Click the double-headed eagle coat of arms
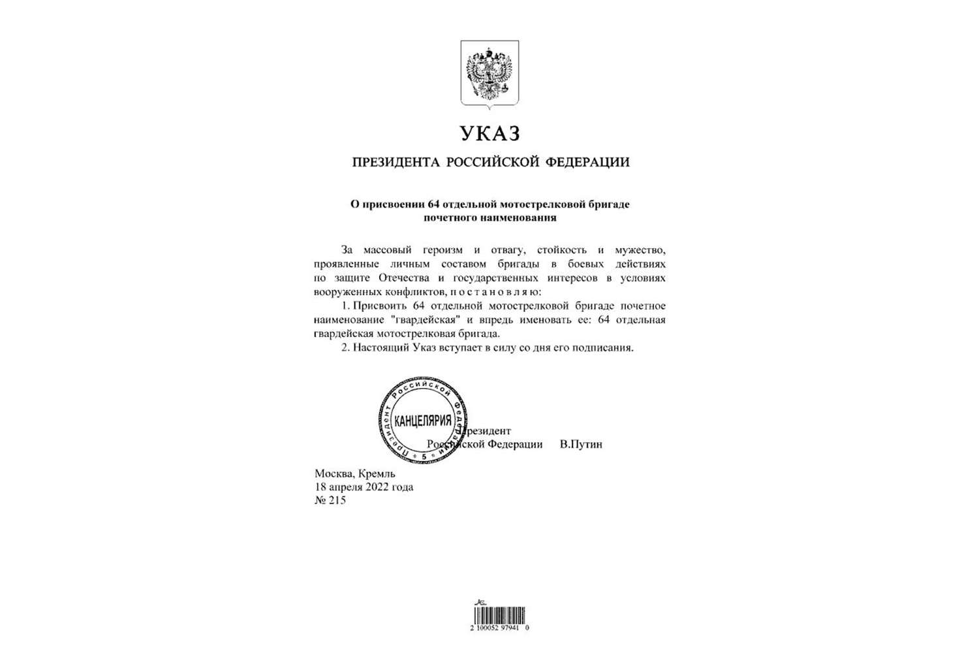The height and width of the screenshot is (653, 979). tap(490, 73)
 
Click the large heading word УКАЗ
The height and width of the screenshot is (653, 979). tap(490, 133)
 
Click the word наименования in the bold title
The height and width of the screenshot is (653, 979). tap(521, 217)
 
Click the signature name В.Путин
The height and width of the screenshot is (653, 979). tap(581, 445)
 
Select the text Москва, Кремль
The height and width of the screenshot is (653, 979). tap(354, 474)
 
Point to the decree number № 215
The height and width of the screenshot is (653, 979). tap(330, 501)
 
